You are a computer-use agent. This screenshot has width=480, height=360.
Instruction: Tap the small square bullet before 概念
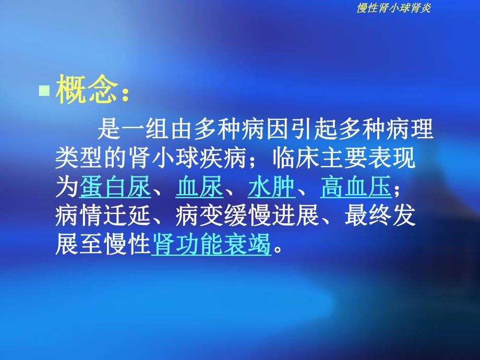(x=45, y=92)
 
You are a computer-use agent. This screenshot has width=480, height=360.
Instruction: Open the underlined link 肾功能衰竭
(x=212, y=244)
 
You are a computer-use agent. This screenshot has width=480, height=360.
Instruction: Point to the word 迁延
(x=127, y=216)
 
